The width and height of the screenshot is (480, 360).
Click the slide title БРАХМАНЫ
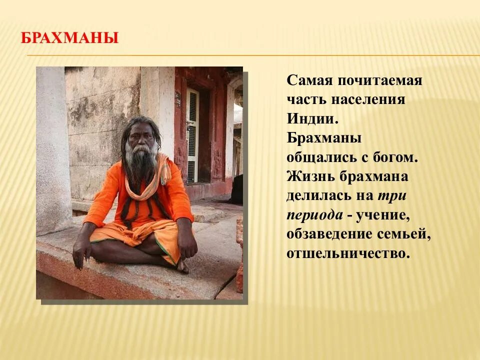click(x=69, y=38)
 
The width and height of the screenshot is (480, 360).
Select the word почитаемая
click(x=380, y=80)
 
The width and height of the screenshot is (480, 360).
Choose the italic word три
click(x=392, y=195)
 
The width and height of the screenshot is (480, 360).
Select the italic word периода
click(x=314, y=214)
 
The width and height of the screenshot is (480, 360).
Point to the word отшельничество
click(x=348, y=253)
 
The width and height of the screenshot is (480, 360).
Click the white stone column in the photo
click(x=52, y=150)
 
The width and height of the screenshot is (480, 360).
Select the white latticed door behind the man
click(x=192, y=135)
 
